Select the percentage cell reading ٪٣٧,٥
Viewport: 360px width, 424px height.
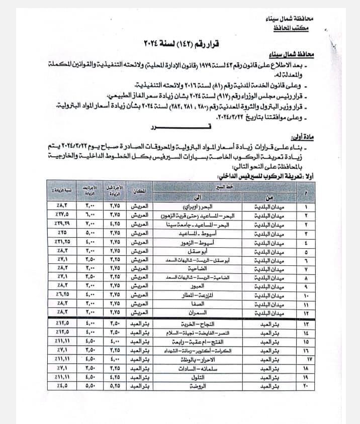(62, 215)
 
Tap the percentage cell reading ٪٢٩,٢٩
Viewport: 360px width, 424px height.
(62, 224)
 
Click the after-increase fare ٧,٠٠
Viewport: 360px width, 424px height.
(89, 224)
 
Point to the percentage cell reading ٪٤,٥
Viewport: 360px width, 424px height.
(62, 386)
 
